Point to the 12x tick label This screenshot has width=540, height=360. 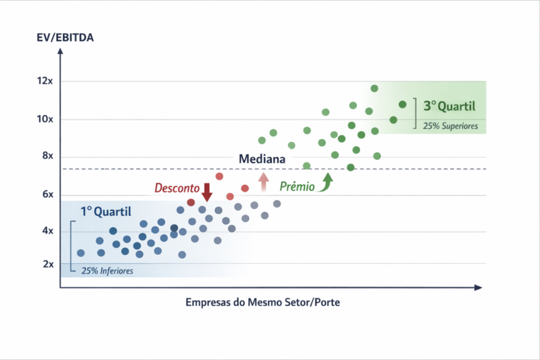(44, 81)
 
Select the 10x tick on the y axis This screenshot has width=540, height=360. (44, 119)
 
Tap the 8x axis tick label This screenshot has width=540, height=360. (46, 156)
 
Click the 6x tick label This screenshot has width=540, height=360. (46, 195)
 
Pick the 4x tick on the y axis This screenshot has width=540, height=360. (46, 231)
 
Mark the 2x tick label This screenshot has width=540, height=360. (46, 264)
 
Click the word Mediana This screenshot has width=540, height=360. (262, 159)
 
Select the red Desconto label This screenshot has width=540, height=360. (177, 188)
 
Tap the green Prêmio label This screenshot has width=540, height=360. (297, 186)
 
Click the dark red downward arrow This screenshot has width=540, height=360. (206, 192)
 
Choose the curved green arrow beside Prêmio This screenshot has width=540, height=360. (326, 183)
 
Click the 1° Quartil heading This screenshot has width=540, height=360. (106, 212)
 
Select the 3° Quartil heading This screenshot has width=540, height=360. (449, 106)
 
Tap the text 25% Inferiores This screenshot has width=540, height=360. (107, 271)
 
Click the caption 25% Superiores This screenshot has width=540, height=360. (451, 127)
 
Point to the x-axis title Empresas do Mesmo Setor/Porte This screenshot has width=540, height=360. (263, 303)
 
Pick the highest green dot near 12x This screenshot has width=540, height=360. (374, 88)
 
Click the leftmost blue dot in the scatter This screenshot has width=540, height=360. (80, 253)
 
